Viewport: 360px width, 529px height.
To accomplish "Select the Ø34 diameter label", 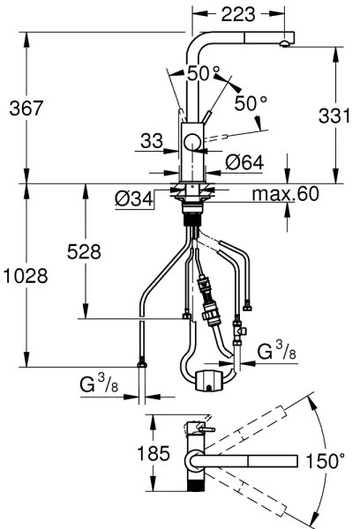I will pyautogui.click(x=133, y=199).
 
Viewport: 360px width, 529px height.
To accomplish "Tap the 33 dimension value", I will pyautogui.click(x=151, y=140).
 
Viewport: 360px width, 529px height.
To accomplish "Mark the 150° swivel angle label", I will pyautogui.click(x=332, y=459).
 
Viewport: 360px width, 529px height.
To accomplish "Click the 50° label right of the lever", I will pyautogui.click(x=250, y=103).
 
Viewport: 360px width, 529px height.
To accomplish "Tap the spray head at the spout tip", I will pyautogui.click(x=285, y=42).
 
